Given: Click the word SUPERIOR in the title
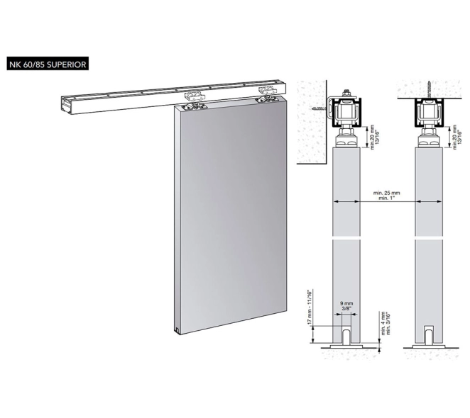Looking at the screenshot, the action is point(66,64).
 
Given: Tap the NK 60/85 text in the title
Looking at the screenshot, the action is point(27,64).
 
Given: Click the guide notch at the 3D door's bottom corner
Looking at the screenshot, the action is point(177,332).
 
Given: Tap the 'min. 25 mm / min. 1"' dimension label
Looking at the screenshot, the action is point(386,195).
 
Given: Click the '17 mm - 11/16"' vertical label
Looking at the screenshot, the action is point(310,306).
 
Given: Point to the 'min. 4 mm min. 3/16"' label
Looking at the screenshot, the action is point(385,323).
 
